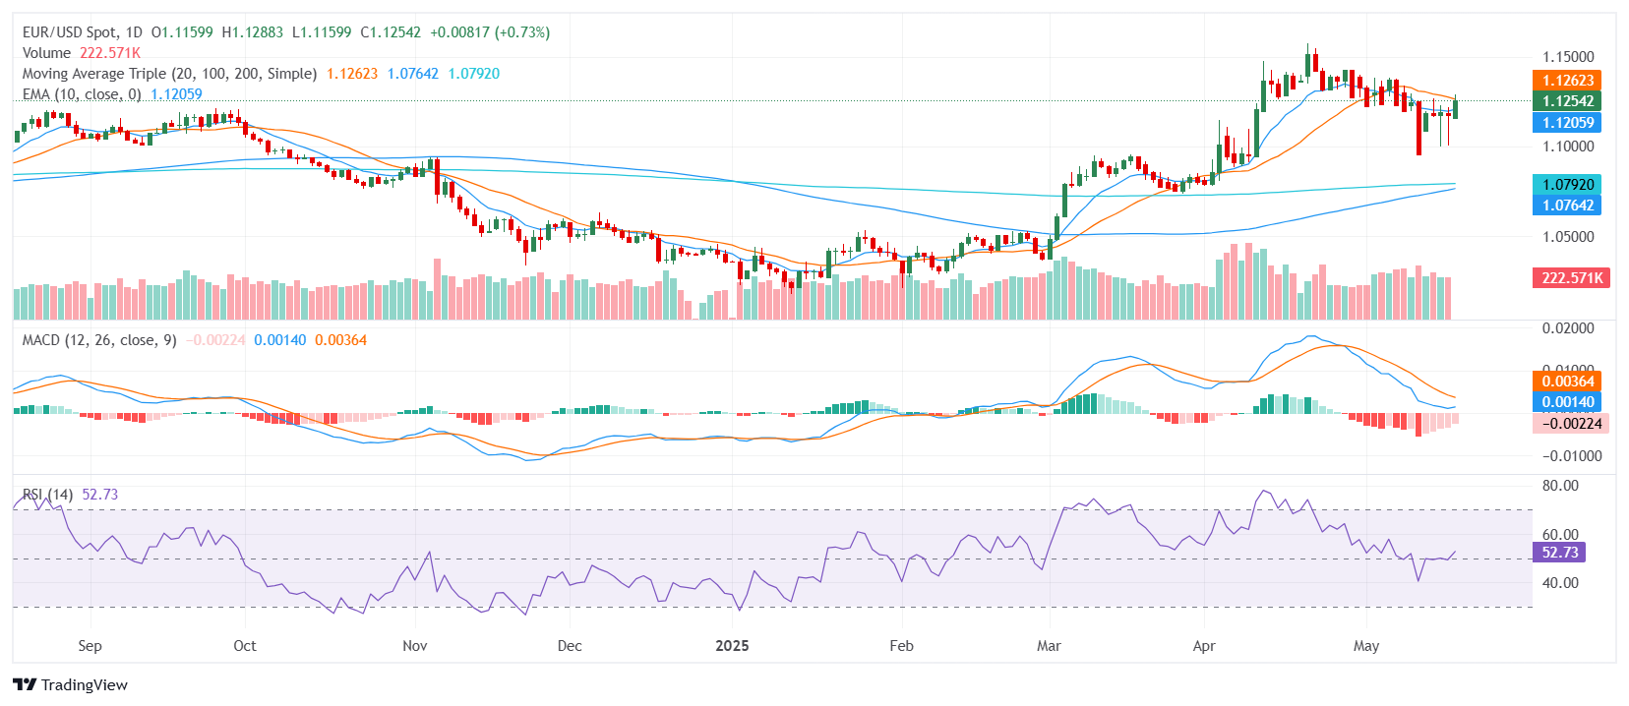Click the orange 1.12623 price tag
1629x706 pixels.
(1568, 81)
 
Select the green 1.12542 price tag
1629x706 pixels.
(1568, 101)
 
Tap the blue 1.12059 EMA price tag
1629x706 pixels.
(1568, 123)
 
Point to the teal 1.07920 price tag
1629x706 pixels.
(1568, 185)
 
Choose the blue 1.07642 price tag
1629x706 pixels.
(1568, 206)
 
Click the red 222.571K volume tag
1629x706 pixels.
(1571, 278)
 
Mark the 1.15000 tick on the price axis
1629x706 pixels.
(1568, 57)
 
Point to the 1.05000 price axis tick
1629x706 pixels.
(1568, 237)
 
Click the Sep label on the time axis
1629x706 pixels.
(90, 646)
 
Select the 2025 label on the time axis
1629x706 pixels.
(732, 646)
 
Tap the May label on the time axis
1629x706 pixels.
(1366, 646)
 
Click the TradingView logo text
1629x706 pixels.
(71, 685)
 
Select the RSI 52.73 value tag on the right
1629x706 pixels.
(1559, 553)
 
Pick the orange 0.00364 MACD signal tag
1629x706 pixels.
(1568, 382)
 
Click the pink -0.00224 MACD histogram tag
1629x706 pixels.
(1571, 424)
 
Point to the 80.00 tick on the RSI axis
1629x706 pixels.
(1560, 486)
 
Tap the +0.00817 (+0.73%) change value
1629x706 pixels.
(490, 32)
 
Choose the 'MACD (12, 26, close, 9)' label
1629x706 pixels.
(99, 340)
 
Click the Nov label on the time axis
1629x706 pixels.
(415, 646)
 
